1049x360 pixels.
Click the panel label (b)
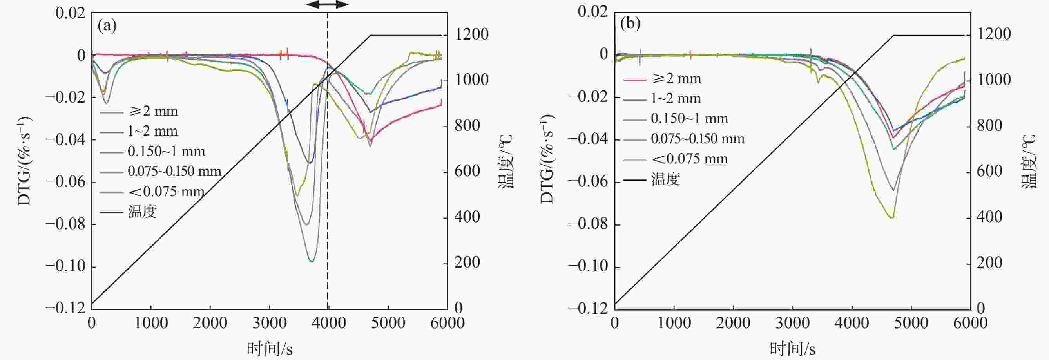pos(630,24)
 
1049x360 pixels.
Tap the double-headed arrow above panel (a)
pos(328,4)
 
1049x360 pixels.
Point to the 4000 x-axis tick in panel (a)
pos(328,323)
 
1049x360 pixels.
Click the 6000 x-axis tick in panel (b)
pos(970,323)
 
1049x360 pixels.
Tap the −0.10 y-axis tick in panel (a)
pos(66,266)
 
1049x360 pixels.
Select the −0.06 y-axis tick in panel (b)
pos(589,182)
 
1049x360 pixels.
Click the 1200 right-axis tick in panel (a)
pos(471,34)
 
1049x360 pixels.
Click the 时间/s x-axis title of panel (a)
pos(270,349)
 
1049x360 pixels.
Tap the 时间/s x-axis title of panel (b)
pos(792,349)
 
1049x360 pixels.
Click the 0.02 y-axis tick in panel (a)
pos(71,13)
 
